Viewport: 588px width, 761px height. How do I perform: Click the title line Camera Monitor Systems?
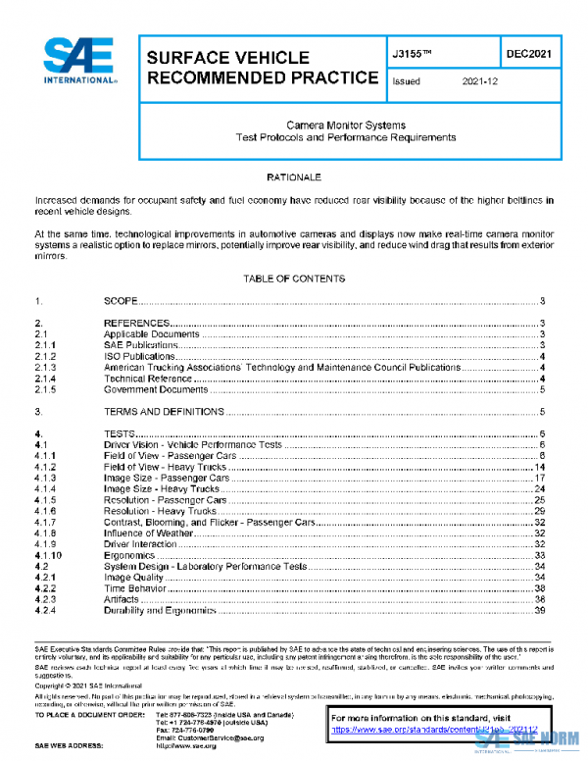[345, 126]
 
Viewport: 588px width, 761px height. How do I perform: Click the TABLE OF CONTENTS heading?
[294, 279]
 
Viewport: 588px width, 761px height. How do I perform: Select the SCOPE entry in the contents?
[121, 302]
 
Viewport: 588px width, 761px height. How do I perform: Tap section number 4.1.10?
[48, 555]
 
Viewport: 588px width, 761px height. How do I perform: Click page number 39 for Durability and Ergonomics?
[539, 610]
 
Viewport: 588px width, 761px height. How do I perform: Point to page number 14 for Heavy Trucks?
[539, 467]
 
